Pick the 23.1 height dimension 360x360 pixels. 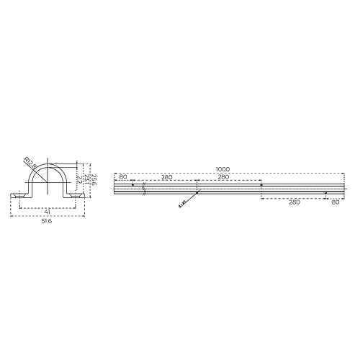88,179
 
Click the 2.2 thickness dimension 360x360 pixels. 82,184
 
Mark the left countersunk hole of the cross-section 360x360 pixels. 19,194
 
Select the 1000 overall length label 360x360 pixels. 222,170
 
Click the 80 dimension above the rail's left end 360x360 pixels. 123,176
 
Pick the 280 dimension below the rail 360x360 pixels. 292,203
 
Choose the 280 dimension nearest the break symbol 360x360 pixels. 166,176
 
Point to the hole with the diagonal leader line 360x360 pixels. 197,193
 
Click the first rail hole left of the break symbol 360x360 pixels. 132,185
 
